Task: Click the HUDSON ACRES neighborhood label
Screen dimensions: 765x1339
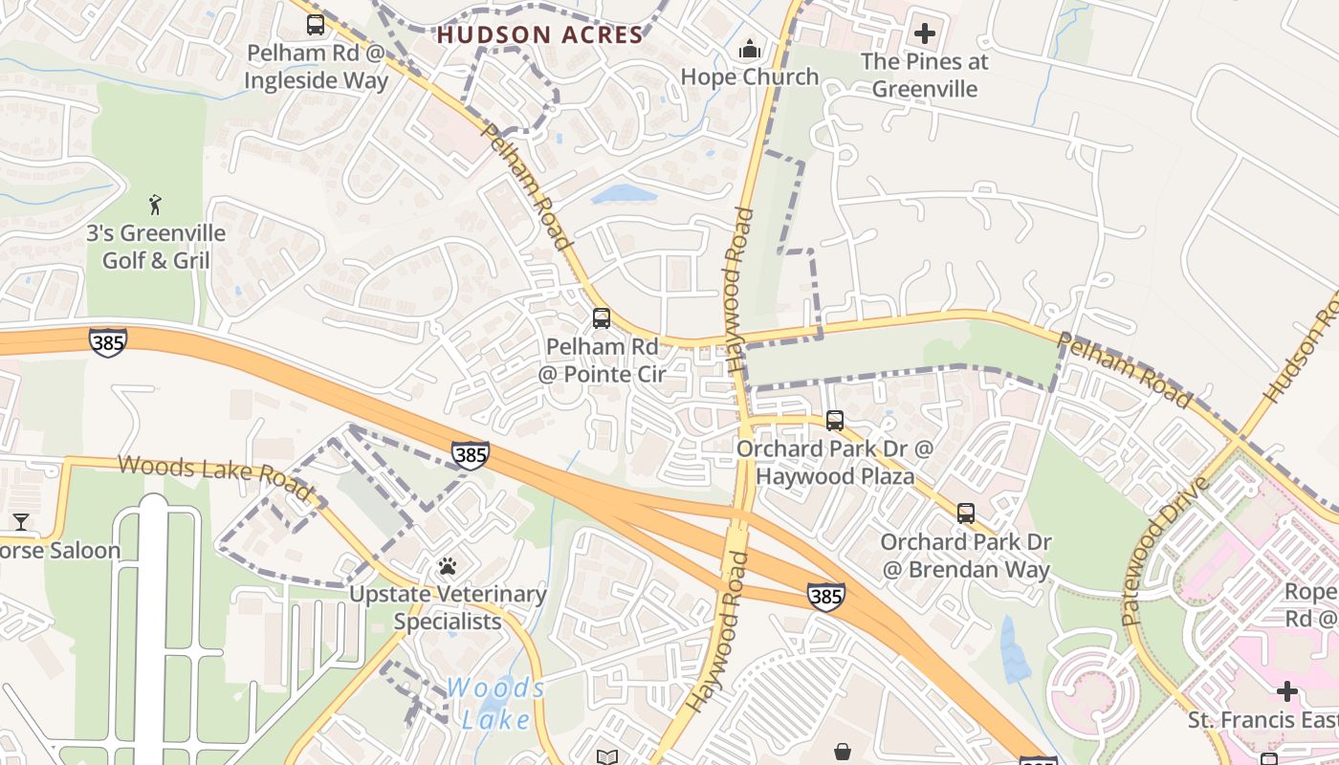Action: click(x=540, y=35)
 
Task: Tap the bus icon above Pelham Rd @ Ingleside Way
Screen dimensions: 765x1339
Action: click(x=316, y=25)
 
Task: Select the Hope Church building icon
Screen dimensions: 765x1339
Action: click(x=751, y=49)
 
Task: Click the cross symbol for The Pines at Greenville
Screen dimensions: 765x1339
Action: click(x=924, y=33)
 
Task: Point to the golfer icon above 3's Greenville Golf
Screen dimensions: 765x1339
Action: click(x=155, y=204)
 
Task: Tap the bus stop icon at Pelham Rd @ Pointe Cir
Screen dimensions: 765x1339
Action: click(x=601, y=318)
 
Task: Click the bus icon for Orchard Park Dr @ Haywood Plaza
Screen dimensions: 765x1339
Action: click(x=834, y=421)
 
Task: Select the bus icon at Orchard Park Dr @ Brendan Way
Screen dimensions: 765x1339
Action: click(x=965, y=514)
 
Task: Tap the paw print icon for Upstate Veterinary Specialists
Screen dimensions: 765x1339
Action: click(x=447, y=566)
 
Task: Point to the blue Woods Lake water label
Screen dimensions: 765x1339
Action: click(x=494, y=703)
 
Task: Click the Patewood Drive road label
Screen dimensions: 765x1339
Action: click(x=1165, y=550)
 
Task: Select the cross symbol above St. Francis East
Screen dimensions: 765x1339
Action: click(x=1287, y=690)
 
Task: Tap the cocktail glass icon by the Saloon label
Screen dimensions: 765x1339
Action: click(x=21, y=522)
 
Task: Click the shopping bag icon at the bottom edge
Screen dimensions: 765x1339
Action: click(x=842, y=753)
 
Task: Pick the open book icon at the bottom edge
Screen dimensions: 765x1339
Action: click(x=606, y=757)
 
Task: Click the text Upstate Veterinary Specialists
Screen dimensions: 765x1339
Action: click(x=448, y=608)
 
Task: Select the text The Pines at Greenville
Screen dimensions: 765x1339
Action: click(x=924, y=76)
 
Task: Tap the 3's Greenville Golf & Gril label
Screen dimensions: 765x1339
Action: click(x=156, y=247)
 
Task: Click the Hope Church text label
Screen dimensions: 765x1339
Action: click(x=750, y=77)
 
